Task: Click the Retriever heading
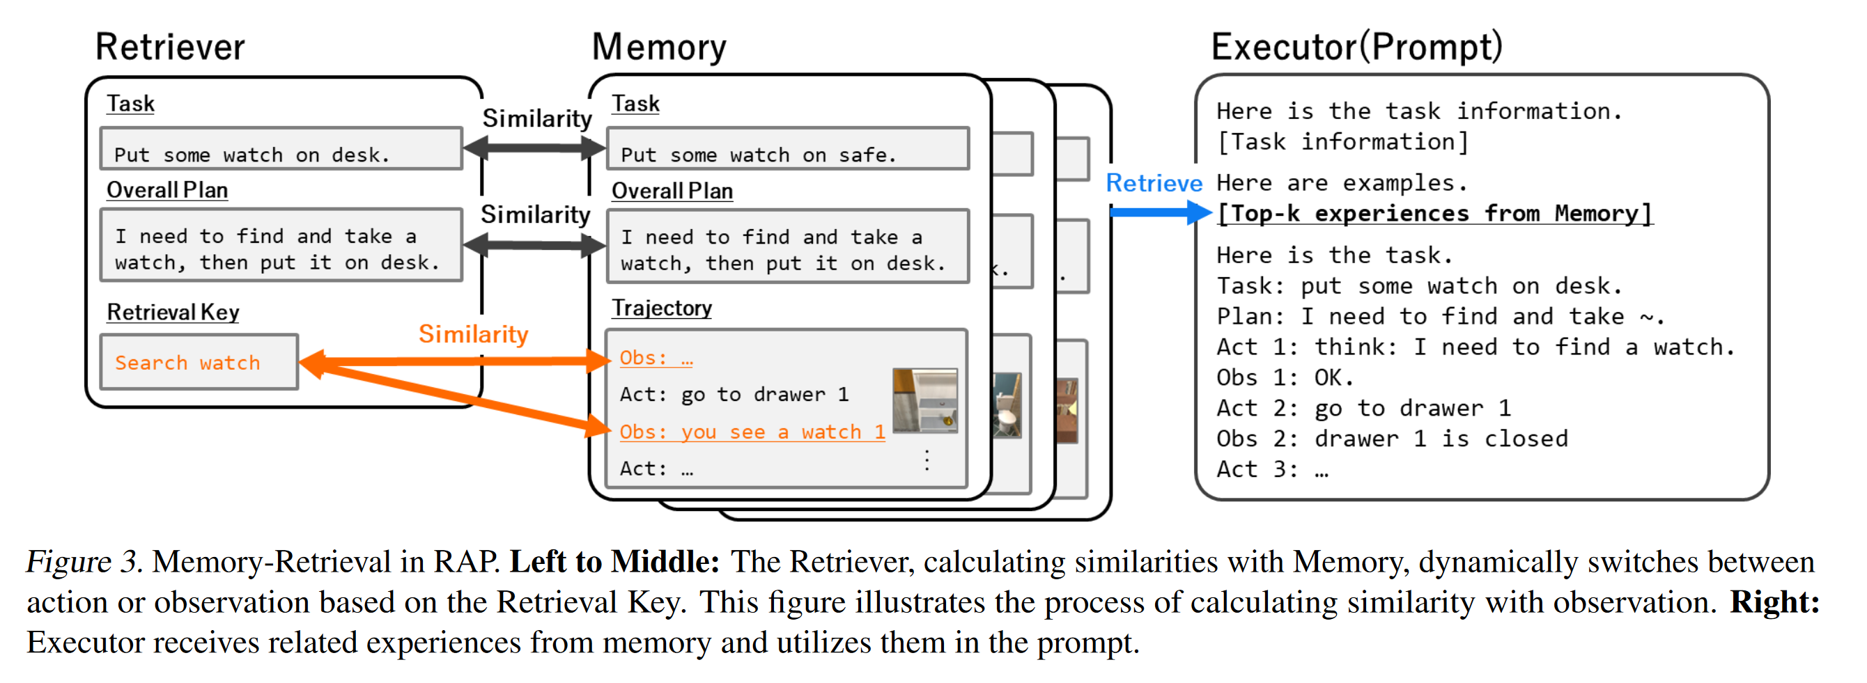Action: pyautogui.click(x=170, y=47)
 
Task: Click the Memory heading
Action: pyautogui.click(x=659, y=47)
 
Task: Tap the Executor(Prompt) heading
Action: pyautogui.click(x=1357, y=47)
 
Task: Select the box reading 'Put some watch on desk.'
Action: pyautogui.click(x=281, y=150)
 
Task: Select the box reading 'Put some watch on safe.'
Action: pyautogui.click(x=787, y=150)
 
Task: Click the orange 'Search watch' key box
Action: pyautogui.click(x=199, y=362)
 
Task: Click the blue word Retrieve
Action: pyautogui.click(x=1154, y=183)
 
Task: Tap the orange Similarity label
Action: pyautogui.click(x=473, y=334)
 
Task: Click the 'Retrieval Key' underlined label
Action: pyautogui.click(x=173, y=312)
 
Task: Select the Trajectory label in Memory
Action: pyautogui.click(x=662, y=308)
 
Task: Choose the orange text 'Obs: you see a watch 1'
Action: pyautogui.click(x=752, y=432)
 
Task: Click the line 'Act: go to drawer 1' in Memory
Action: pyautogui.click(x=734, y=395)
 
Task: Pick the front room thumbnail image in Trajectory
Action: pyautogui.click(x=925, y=400)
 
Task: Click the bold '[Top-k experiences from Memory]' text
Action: pyautogui.click(x=1434, y=214)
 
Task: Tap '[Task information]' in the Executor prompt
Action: pyautogui.click(x=1342, y=142)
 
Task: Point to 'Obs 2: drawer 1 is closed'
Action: pyautogui.click(x=1392, y=439)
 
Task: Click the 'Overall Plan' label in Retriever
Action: pyautogui.click(x=166, y=191)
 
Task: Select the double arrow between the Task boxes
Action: pyautogui.click(x=535, y=148)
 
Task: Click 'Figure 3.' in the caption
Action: pyautogui.click(x=84, y=562)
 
